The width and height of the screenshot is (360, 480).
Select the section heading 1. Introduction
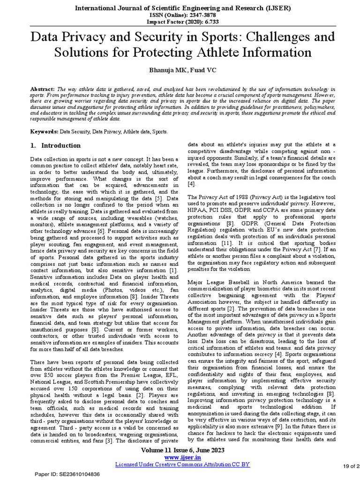coord(55,146)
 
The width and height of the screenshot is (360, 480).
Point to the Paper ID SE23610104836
coord(71,474)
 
